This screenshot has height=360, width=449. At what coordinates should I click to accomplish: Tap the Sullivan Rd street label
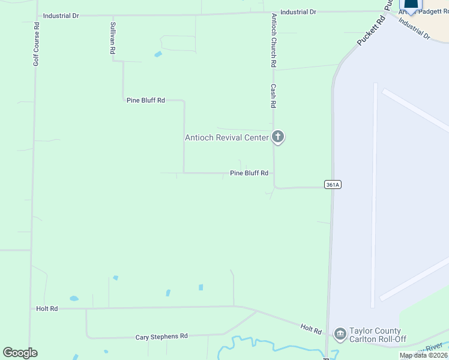(112, 39)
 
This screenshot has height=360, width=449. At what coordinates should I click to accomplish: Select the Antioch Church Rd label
(274, 40)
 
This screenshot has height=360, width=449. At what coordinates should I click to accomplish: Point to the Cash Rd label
(273, 95)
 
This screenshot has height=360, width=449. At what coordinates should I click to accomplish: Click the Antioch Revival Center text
(226, 138)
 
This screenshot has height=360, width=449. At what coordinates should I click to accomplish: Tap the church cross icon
(277, 137)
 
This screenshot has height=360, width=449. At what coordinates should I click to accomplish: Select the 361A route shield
(333, 185)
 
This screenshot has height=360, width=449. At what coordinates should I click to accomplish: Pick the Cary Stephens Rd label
(161, 337)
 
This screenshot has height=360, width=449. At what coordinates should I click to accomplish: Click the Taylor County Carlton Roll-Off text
(379, 335)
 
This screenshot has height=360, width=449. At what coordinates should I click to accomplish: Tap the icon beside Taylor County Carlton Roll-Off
(340, 333)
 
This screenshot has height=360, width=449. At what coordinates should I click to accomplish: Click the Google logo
(20, 353)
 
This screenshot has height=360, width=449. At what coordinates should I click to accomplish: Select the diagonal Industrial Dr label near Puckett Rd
(414, 29)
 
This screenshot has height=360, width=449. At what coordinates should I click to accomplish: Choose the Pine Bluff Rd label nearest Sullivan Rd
(146, 100)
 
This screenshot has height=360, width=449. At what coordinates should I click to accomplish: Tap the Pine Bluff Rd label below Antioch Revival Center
(249, 173)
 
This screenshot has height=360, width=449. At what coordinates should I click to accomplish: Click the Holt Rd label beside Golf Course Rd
(47, 308)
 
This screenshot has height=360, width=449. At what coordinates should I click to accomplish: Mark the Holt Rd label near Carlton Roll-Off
(311, 330)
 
